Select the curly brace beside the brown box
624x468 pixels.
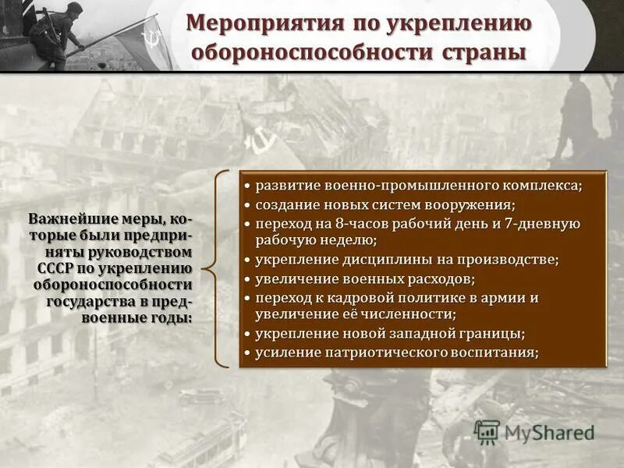[220, 268]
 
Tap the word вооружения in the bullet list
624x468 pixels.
[468, 205]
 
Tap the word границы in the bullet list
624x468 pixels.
[491, 334]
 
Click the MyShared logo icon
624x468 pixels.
[487, 432]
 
